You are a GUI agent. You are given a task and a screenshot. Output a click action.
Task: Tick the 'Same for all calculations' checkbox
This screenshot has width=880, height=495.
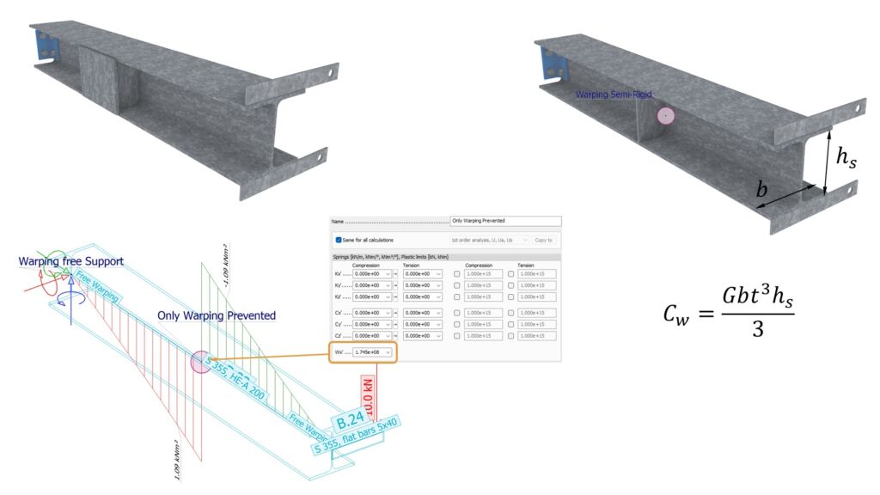click(339, 240)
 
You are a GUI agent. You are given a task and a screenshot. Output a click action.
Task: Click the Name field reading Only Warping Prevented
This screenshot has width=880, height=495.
click(505, 221)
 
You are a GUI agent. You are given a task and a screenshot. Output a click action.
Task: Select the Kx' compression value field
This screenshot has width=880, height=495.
click(373, 273)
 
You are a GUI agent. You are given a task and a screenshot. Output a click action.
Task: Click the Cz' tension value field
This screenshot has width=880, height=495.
click(423, 335)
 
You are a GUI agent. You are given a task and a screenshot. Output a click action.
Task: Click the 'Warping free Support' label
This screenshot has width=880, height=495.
click(71, 260)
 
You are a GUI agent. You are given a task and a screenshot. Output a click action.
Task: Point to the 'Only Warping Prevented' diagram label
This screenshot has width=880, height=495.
click(217, 315)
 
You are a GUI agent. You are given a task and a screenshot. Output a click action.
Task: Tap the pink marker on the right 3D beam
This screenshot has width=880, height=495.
click(666, 116)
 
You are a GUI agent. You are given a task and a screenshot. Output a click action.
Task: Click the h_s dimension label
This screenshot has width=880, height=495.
click(846, 157)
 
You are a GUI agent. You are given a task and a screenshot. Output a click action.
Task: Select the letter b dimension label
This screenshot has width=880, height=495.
click(761, 191)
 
